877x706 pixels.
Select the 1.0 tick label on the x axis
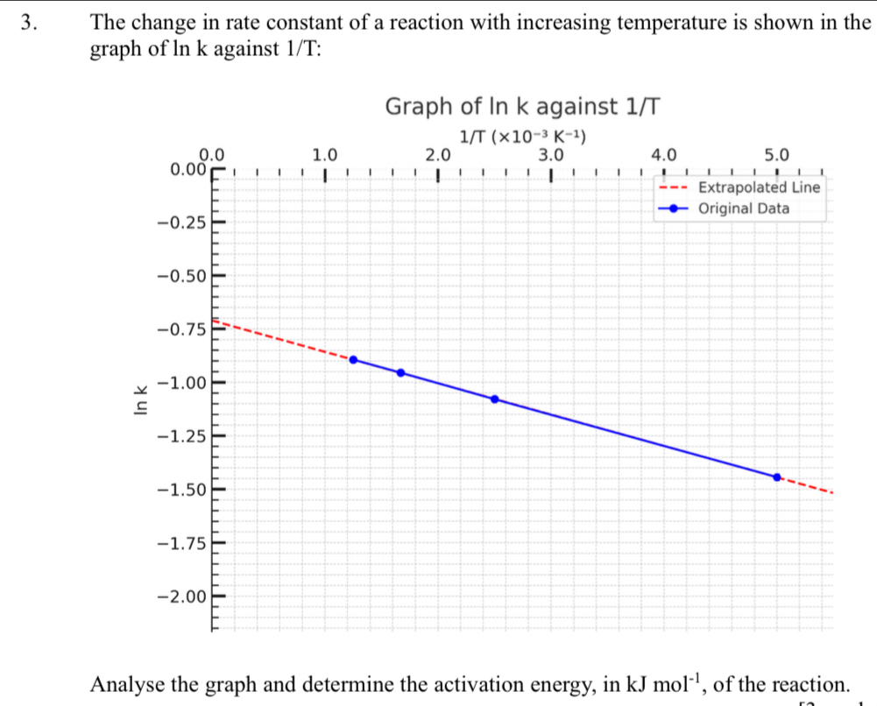(x=324, y=155)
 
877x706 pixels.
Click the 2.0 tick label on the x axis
(x=437, y=155)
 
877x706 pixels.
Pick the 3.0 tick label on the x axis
(x=550, y=155)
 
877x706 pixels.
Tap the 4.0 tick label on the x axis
(x=663, y=155)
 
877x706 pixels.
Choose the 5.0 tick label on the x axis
(x=776, y=155)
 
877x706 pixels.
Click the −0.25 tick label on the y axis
(x=180, y=222)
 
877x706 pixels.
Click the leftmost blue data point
(x=353, y=360)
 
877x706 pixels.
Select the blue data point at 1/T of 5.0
(x=776, y=477)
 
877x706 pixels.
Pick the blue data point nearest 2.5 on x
(x=494, y=399)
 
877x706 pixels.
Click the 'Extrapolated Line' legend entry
(x=759, y=187)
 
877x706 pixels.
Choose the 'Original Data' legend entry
(x=744, y=208)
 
